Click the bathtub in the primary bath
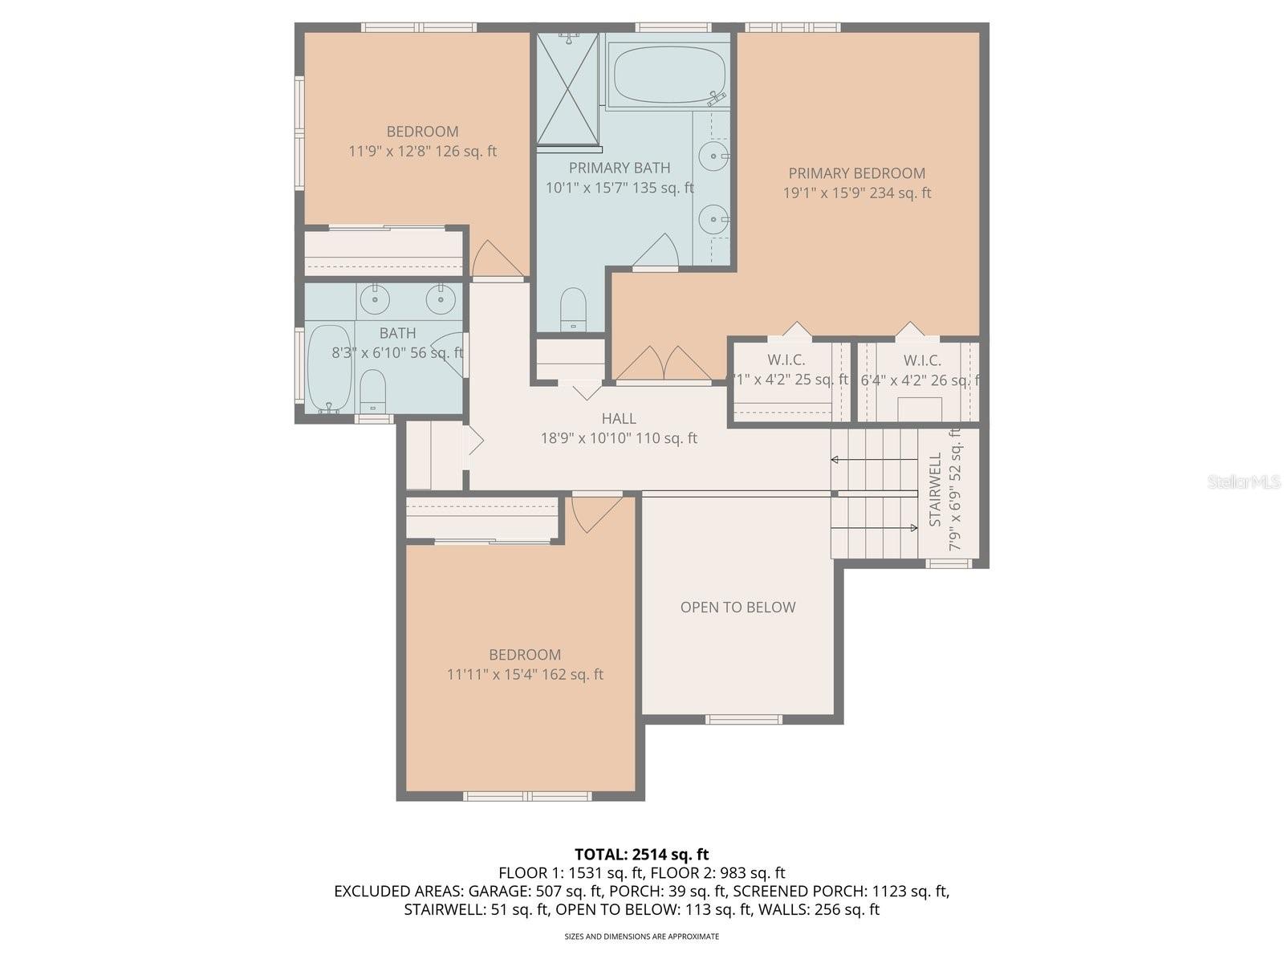pyautogui.click(x=666, y=74)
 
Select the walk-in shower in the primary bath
pyautogui.click(x=567, y=90)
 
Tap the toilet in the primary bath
pyautogui.click(x=573, y=309)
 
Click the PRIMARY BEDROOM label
pyautogui.click(x=856, y=173)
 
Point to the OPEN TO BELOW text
pyautogui.click(x=737, y=607)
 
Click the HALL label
pyautogui.click(x=619, y=418)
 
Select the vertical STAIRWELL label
pyautogui.click(x=936, y=490)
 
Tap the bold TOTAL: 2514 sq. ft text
pyautogui.click(x=641, y=854)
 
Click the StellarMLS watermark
pyautogui.click(x=1244, y=481)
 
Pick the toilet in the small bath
pyautogui.click(x=372, y=391)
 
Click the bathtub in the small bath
pyautogui.click(x=329, y=368)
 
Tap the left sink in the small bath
pyautogui.click(x=374, y=299)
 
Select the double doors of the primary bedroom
pyautogui.click(x=663, y=364)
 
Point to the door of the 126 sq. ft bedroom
pyautogui.click(x=496, y=258)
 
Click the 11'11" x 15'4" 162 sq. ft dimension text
pyautogui.click(x=525, y=675)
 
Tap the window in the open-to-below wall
pyautogui.click(x=743, y=719)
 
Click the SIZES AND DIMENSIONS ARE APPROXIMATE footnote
pyautogui.click(x=641, y=937)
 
